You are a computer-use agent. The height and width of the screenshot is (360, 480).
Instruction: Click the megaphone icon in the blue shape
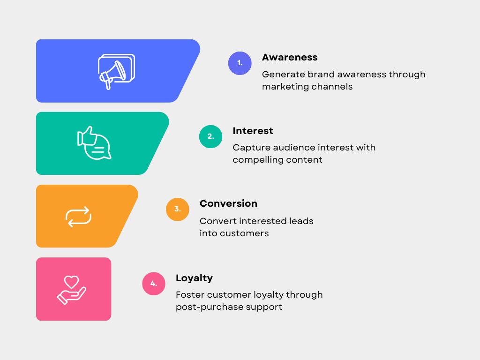(116, 72)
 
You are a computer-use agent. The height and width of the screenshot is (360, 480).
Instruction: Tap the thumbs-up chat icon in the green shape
(94, 143)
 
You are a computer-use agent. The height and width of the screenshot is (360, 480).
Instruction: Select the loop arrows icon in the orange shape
(78, 217)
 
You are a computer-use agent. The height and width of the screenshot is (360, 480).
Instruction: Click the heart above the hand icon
(71, 282)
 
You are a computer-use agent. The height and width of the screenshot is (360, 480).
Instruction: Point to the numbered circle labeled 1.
(240, 63)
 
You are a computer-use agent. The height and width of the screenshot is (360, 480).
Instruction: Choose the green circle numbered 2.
(210, 136)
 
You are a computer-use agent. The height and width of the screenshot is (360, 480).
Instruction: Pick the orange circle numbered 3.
(178, 210)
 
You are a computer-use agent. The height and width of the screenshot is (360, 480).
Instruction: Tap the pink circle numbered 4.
(154, 284)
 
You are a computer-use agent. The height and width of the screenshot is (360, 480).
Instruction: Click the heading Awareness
(290, 57)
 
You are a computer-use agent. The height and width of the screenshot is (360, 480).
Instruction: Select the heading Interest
(253, 131)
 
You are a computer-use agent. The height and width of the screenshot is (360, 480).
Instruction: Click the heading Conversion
(228, 203)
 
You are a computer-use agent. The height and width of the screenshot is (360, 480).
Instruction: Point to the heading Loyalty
(194, 278)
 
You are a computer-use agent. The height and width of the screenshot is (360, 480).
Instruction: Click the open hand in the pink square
(71, 296)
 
